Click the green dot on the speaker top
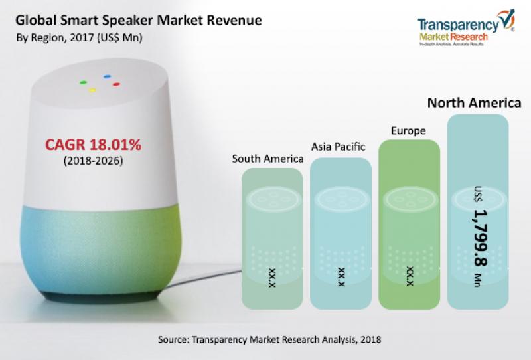point(82,83)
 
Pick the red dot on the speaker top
point(115,84)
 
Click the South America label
point(267,159)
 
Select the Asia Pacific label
point(339,145)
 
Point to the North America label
point(474,103)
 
